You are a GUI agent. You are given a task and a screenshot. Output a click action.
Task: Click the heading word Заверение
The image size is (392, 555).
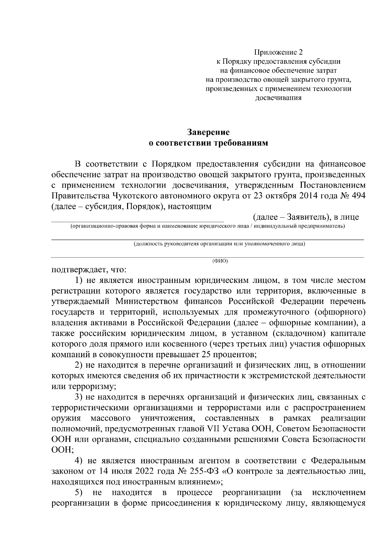[x=208, y=132]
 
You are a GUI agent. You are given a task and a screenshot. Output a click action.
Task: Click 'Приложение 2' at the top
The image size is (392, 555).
[x=279, y=52]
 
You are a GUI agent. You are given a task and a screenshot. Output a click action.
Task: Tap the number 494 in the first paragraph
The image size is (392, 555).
[x=357, y=196]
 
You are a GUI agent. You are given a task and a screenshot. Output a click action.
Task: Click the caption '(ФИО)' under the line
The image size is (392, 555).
[x=220, y=261]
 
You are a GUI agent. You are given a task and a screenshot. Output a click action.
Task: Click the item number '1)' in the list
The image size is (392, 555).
[x=80, y=280]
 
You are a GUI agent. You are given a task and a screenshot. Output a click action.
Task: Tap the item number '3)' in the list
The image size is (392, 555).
[x=80, y=397]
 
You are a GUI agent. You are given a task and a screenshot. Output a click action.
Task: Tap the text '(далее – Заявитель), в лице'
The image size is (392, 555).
[x=306, y=217]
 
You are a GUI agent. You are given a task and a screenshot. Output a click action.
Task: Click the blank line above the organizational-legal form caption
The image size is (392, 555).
[x=137, y=221]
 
